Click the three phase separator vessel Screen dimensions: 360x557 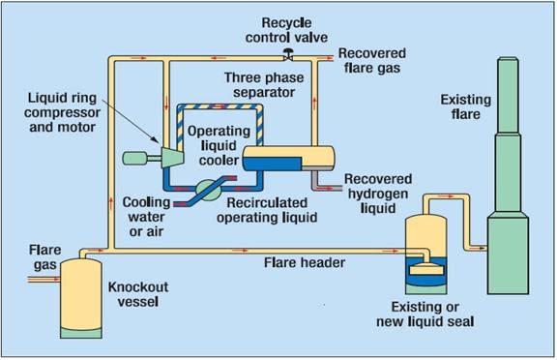pos(289,155)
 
